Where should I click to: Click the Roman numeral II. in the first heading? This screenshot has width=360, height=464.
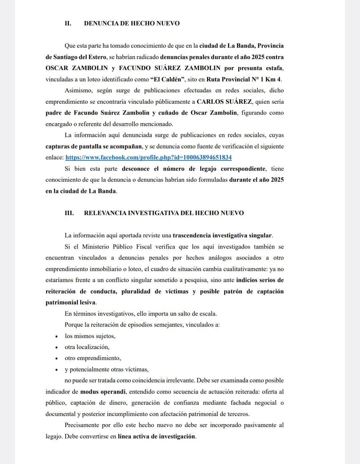point(68,23)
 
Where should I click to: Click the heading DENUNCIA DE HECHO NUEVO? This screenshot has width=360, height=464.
point(132,23)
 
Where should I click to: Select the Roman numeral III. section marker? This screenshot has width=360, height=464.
point(69,213)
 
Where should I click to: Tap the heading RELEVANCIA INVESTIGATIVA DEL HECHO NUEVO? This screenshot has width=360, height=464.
point(164,213)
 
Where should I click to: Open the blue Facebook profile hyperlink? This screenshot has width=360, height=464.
point(148,157)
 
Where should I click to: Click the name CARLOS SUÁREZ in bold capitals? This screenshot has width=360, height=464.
point(224,102)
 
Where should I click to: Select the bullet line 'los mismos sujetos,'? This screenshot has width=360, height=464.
point(90,336)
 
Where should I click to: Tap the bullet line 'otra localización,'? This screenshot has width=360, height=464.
point(87,347)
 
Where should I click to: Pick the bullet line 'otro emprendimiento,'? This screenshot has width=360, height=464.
point(93,358)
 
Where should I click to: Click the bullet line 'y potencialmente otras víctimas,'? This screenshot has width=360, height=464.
point(107,369)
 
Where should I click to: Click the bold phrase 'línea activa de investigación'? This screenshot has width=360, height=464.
point(156,436)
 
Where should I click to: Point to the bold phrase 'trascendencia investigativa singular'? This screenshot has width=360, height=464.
point(222,235)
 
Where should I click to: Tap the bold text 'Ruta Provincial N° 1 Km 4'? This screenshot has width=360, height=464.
point(244,79)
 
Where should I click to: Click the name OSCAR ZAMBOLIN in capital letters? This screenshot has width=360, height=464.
point(77,68)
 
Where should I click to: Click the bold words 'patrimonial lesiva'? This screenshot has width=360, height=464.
point(71,303)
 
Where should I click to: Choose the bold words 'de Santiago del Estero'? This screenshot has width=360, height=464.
point(76,57)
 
